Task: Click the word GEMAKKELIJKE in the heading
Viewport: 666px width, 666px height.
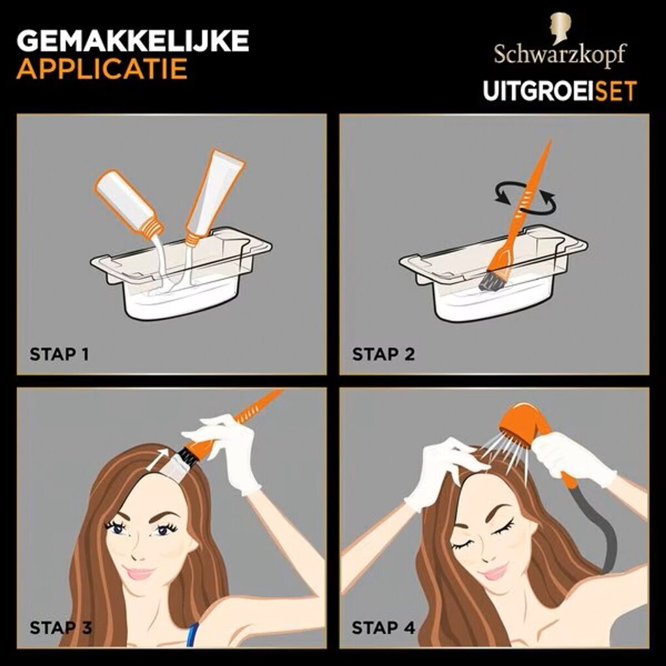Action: coord(133,40)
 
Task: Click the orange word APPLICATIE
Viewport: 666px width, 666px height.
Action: coord(102,69)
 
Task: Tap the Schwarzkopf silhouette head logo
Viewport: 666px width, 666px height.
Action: coord(560,27)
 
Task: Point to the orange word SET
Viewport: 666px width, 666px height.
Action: coord(616,91)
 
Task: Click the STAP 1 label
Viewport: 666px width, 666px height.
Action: coord(59,355)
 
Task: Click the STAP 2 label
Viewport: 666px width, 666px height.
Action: coord(383,355)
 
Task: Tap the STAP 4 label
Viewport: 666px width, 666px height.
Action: coord(383,627)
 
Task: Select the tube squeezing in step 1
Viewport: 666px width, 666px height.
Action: coord(215,197)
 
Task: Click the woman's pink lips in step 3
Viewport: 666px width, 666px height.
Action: coord(139,573)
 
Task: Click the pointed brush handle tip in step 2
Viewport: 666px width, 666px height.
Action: coord(550,141)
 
